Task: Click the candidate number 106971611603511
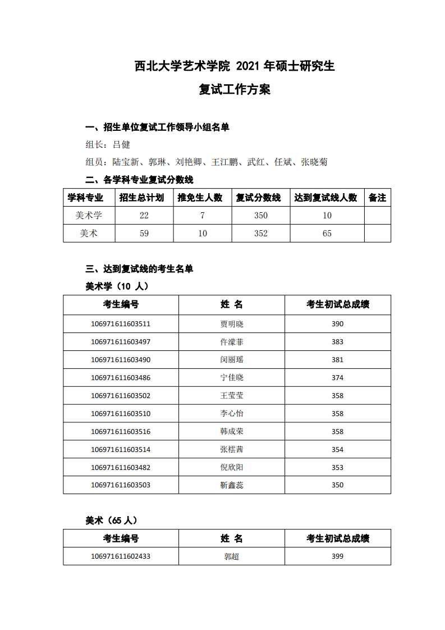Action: (121, 324)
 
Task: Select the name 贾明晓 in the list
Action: (232, 324)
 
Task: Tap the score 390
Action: (337, 324)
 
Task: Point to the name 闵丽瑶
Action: (232, 360)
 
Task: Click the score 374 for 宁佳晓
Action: (337, 378)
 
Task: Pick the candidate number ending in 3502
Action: (121, 396)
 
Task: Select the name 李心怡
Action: (232, 414)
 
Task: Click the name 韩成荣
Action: (232, 432)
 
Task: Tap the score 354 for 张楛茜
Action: (337, 450)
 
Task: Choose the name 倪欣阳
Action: (232, 468)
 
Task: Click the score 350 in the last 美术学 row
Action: (337, 485)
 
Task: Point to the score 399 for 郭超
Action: (337, 556)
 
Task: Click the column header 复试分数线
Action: (259, 198)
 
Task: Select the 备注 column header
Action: (377, 198)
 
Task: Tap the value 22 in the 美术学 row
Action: (144, 216)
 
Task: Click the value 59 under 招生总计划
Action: (144, 234)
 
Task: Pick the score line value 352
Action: (260, 234)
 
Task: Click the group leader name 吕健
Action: (121, 144)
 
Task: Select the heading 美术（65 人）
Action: (111, 521)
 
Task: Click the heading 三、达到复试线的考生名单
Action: (139, 269)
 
